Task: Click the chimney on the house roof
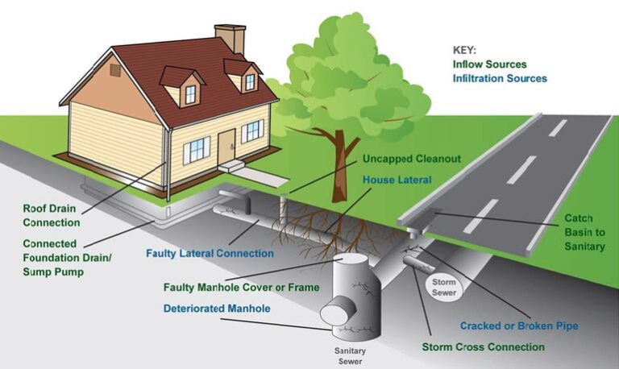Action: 230,38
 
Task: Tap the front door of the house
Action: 226,146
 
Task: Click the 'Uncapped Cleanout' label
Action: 411,159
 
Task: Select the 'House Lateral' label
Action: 397,180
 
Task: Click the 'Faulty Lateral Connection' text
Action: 210,253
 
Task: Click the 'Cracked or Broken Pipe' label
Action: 519,326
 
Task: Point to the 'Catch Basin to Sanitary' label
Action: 584,232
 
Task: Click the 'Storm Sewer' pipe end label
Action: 443,288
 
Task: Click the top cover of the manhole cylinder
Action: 355,266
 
